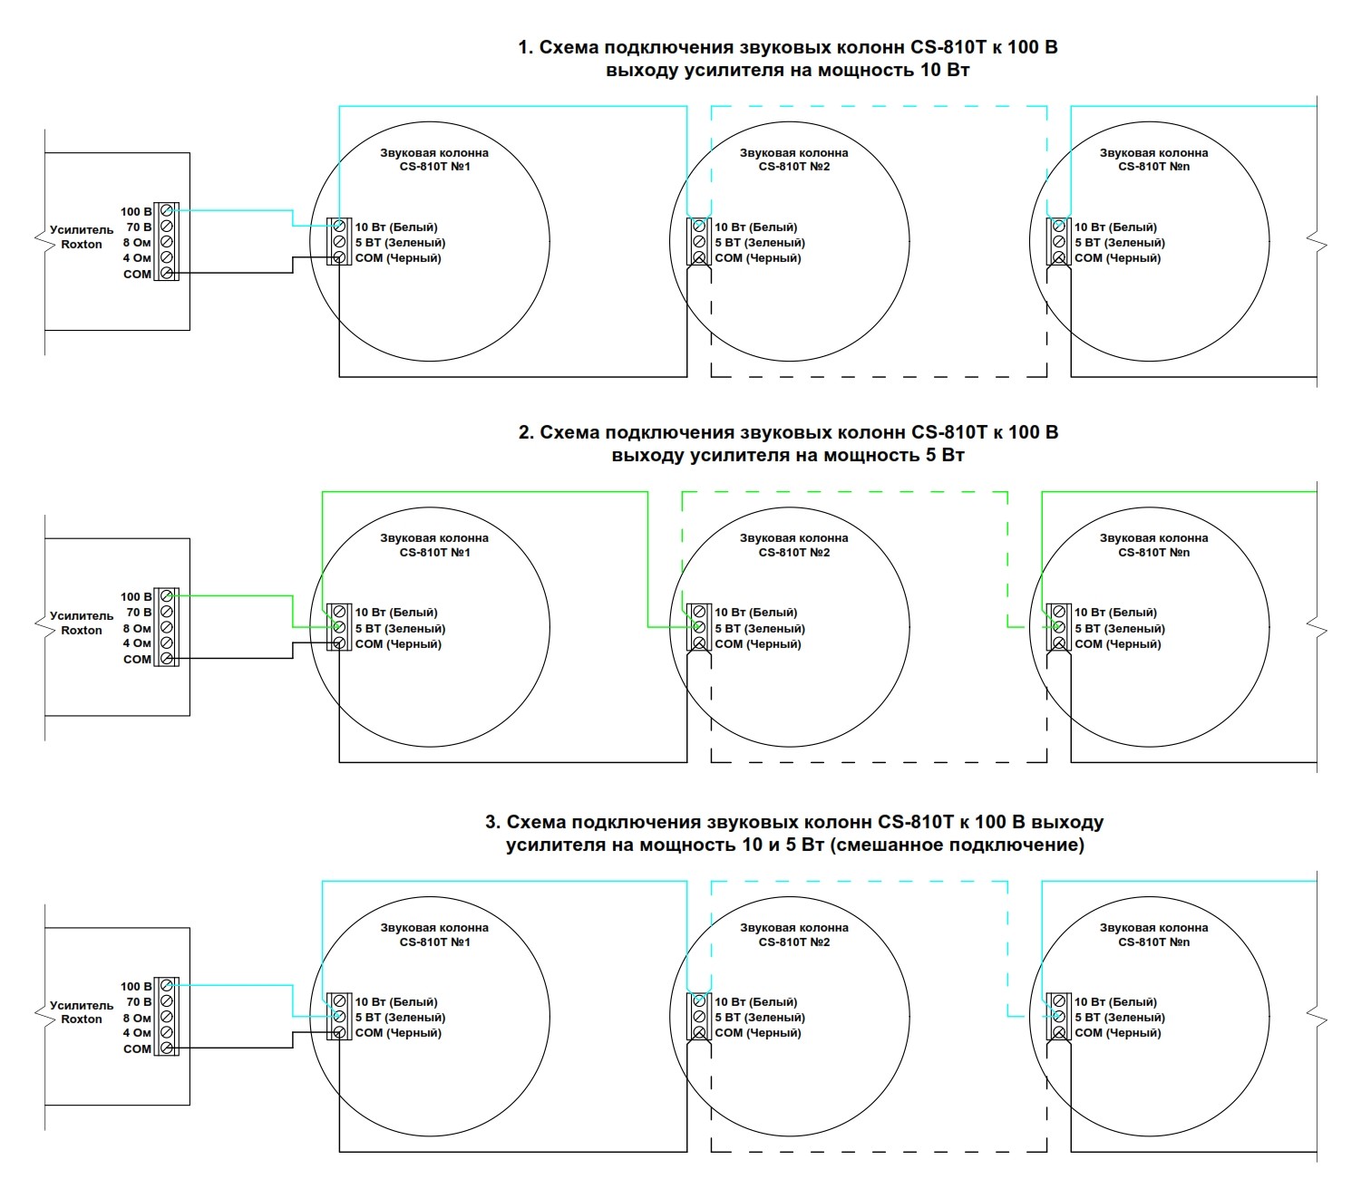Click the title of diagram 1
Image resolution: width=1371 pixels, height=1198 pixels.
[787, 59]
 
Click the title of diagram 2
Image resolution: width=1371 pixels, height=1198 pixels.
[787, 444]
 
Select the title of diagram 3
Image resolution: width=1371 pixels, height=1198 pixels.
[794, 834]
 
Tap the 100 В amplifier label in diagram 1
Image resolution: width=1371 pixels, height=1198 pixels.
[136, 212]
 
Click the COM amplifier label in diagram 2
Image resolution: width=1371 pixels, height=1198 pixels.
[137, 660]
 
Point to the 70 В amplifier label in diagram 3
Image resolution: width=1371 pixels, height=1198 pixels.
[139, 1002]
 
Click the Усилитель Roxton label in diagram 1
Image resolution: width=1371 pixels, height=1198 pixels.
[82, 237]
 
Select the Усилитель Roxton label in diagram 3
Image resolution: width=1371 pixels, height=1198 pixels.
[82, 1012]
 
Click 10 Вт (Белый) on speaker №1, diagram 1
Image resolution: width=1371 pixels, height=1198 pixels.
[396, 227]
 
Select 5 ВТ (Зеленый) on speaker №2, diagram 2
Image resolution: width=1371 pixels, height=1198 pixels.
[760, 629]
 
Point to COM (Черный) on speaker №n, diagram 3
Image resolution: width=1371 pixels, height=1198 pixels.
[1117, 1033]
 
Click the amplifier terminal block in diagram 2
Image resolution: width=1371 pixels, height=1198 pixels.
[166, 627]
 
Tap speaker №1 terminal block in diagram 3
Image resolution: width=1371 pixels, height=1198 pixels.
[339, 1017]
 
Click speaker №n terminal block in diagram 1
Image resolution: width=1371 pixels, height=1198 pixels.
[1059, 242]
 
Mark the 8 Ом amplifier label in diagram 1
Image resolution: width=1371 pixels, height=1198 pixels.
[137, 243]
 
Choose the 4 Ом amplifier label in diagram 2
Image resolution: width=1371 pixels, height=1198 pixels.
[137, 643]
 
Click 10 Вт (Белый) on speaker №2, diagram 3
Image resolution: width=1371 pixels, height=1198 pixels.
[756, 1002]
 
